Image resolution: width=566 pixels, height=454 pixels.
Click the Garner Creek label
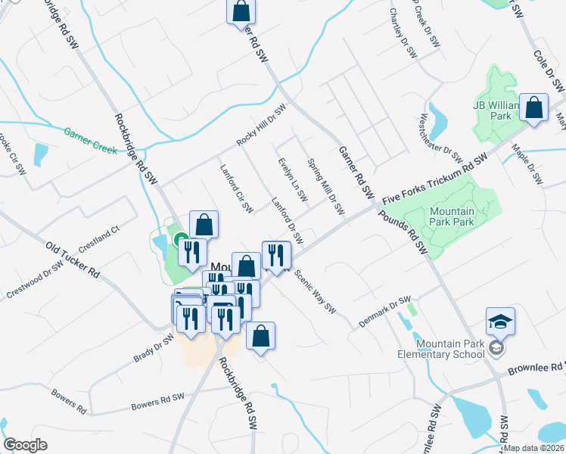point(90,140)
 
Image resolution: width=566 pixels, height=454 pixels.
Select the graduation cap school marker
point(500,322)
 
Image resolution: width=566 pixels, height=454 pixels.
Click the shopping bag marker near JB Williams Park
point(534,109)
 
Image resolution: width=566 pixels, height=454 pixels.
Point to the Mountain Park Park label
point(451,216)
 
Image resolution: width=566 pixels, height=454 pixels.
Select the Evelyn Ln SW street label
point(292,180)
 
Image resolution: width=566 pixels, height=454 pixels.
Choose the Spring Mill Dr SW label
point(326,186)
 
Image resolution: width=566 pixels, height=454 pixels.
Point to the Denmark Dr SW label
point(384,311)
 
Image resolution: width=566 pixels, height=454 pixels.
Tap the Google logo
point(25,445)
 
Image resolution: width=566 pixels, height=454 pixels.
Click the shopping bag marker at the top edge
point(241,12)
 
